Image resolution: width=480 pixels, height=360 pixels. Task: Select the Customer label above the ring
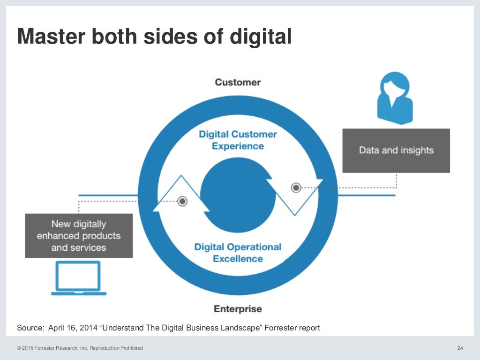coord(238,82)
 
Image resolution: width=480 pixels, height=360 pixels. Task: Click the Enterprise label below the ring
coord(238,309)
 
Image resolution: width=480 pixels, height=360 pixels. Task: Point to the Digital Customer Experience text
coord(238,140)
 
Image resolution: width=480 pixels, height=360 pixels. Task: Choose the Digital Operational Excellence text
coord(238,253)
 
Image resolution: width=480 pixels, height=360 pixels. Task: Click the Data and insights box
coord(396,150)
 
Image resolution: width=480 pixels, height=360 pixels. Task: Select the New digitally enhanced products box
coord(79,236)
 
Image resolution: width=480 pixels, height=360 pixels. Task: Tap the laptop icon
coord(79,278)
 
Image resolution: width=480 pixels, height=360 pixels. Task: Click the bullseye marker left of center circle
coord(182,201)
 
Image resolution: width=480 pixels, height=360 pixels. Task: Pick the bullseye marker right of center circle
coord(296,187)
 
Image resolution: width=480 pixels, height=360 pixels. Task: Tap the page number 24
coord(460,348)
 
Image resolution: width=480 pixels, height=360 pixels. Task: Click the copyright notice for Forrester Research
coord(80,348)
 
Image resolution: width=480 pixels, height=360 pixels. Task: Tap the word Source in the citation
coord(30,328)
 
